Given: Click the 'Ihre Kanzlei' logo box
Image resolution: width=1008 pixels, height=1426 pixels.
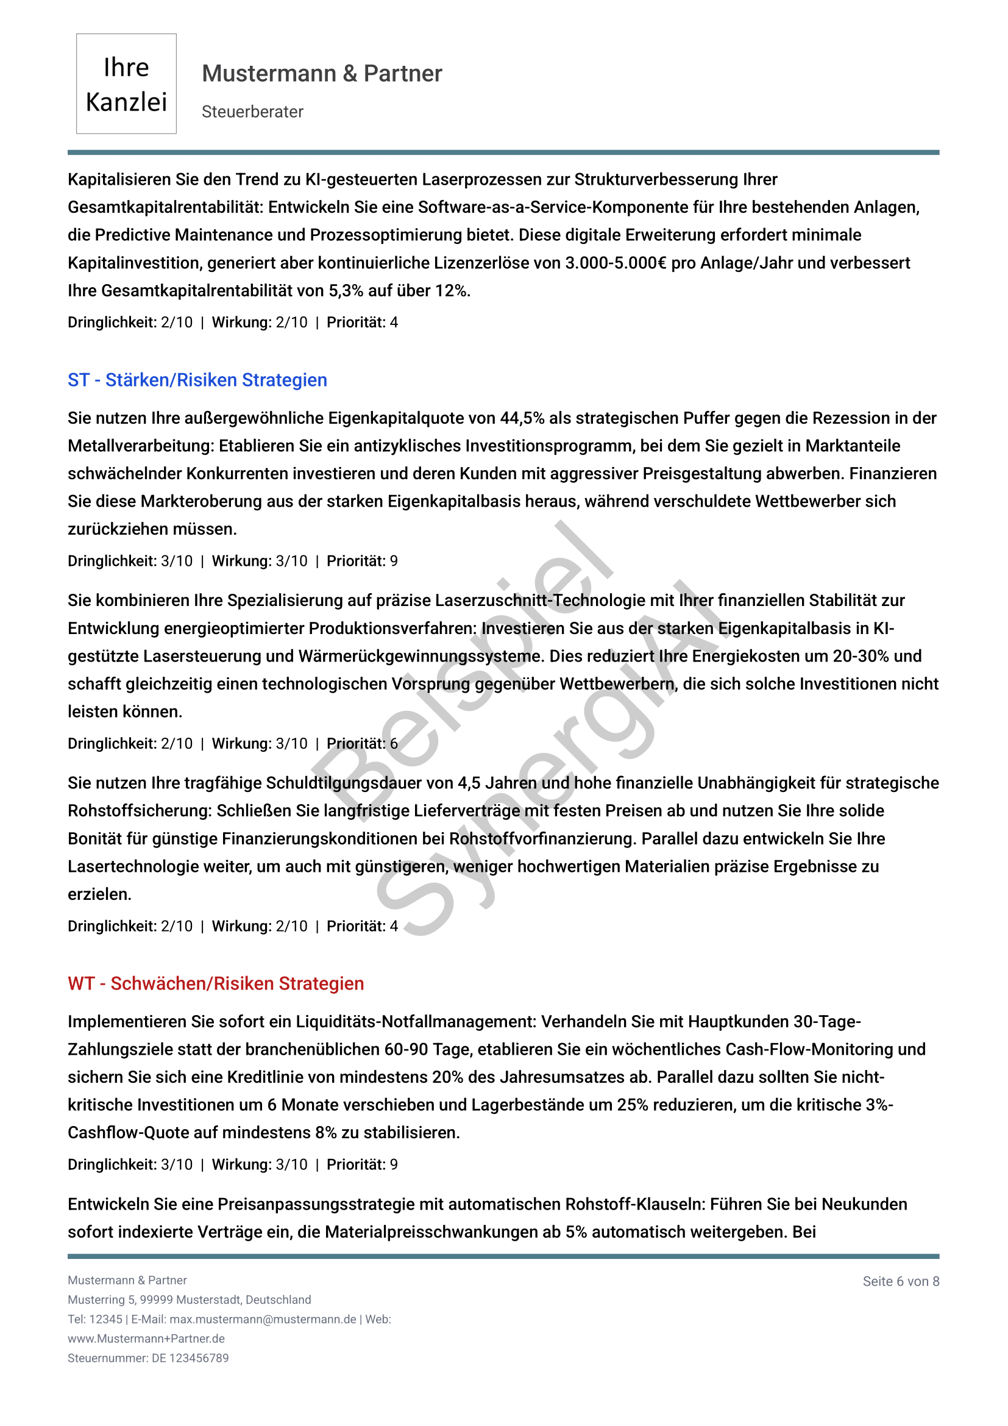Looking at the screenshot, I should tap(126, 84).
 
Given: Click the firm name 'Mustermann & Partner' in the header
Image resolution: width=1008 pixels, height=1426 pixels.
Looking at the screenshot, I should tap(322, 73).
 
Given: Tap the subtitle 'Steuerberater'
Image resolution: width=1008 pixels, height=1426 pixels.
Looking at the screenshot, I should tap(252, 112).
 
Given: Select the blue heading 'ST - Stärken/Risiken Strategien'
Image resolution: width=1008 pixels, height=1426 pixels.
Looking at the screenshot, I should tap(197, 379).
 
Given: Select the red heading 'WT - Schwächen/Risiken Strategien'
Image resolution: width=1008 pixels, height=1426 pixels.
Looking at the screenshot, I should tap(215, 983).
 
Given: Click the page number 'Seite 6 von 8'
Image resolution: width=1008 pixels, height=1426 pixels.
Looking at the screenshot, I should tap(900, 1281).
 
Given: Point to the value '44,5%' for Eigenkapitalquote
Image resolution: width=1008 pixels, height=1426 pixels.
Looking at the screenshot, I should tap(522, 418).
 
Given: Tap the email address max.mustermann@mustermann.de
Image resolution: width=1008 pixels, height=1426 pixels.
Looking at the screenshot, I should tap(263, 1319).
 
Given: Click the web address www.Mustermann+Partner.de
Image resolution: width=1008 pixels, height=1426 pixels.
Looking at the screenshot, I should tap(146, 1338).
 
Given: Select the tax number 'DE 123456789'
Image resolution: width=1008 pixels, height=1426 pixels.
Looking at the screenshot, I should tap(190, 1358).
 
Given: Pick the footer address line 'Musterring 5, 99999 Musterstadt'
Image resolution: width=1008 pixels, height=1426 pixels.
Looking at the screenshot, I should tap(189, 1300).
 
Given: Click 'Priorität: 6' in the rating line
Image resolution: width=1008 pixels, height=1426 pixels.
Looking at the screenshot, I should tap(362, 743).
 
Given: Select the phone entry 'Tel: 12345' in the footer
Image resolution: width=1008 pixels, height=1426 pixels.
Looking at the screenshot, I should tap(95, 1319).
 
